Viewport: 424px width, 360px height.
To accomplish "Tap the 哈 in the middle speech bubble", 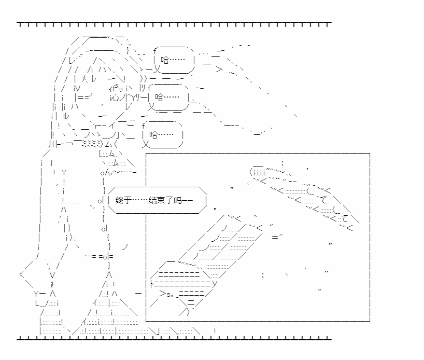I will pyautogui.click(x=160, y=97).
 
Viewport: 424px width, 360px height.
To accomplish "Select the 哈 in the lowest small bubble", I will pyautogui.click(x=154, y=134).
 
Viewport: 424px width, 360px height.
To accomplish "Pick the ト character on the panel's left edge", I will pyautogui.click(x=151, y=284).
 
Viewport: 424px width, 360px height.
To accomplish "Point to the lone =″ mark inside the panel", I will pyautogui.click(x=277, y=237).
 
